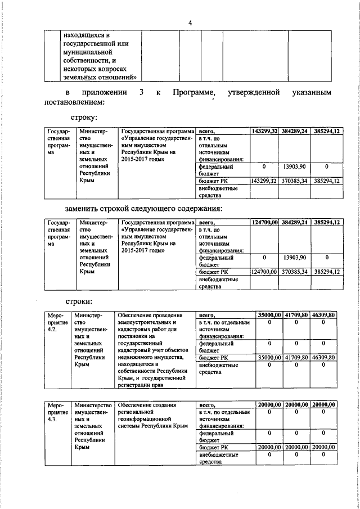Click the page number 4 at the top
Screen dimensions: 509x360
[190, 22]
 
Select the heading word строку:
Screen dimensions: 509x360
[84, 118]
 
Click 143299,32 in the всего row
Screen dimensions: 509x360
[264, 131]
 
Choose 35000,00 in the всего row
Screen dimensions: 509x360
[269, 315]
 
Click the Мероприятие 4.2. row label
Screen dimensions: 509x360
[57, 323]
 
